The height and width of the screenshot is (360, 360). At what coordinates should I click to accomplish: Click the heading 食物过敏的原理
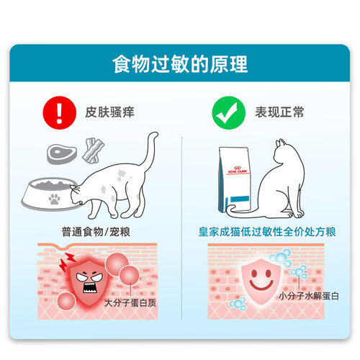180,64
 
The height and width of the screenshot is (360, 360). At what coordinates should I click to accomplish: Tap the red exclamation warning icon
60,113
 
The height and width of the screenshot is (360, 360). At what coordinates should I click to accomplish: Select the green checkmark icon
229,113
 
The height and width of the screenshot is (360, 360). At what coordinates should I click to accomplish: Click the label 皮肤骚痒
109,112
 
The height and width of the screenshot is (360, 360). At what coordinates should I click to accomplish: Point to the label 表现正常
279,112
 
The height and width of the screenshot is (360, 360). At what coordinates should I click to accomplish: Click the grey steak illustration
62,154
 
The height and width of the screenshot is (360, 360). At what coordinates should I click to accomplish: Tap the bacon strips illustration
93,150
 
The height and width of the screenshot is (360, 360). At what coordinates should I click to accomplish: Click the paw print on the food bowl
54,199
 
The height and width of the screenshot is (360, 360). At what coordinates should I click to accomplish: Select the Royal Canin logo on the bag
237,170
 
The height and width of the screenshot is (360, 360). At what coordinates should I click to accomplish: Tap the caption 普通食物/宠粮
96,232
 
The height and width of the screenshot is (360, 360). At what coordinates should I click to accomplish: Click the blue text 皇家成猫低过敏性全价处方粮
267,232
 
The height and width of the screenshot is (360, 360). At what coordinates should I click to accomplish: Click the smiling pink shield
261,281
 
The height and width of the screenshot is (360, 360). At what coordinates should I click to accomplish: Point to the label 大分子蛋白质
130,303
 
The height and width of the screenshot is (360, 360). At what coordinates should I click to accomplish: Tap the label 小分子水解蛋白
308,296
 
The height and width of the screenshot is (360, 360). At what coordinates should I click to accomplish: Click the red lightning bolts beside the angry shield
67,261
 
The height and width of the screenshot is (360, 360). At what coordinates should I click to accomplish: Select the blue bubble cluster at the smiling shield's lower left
238,304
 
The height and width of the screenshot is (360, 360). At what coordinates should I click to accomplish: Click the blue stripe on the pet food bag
240,199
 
